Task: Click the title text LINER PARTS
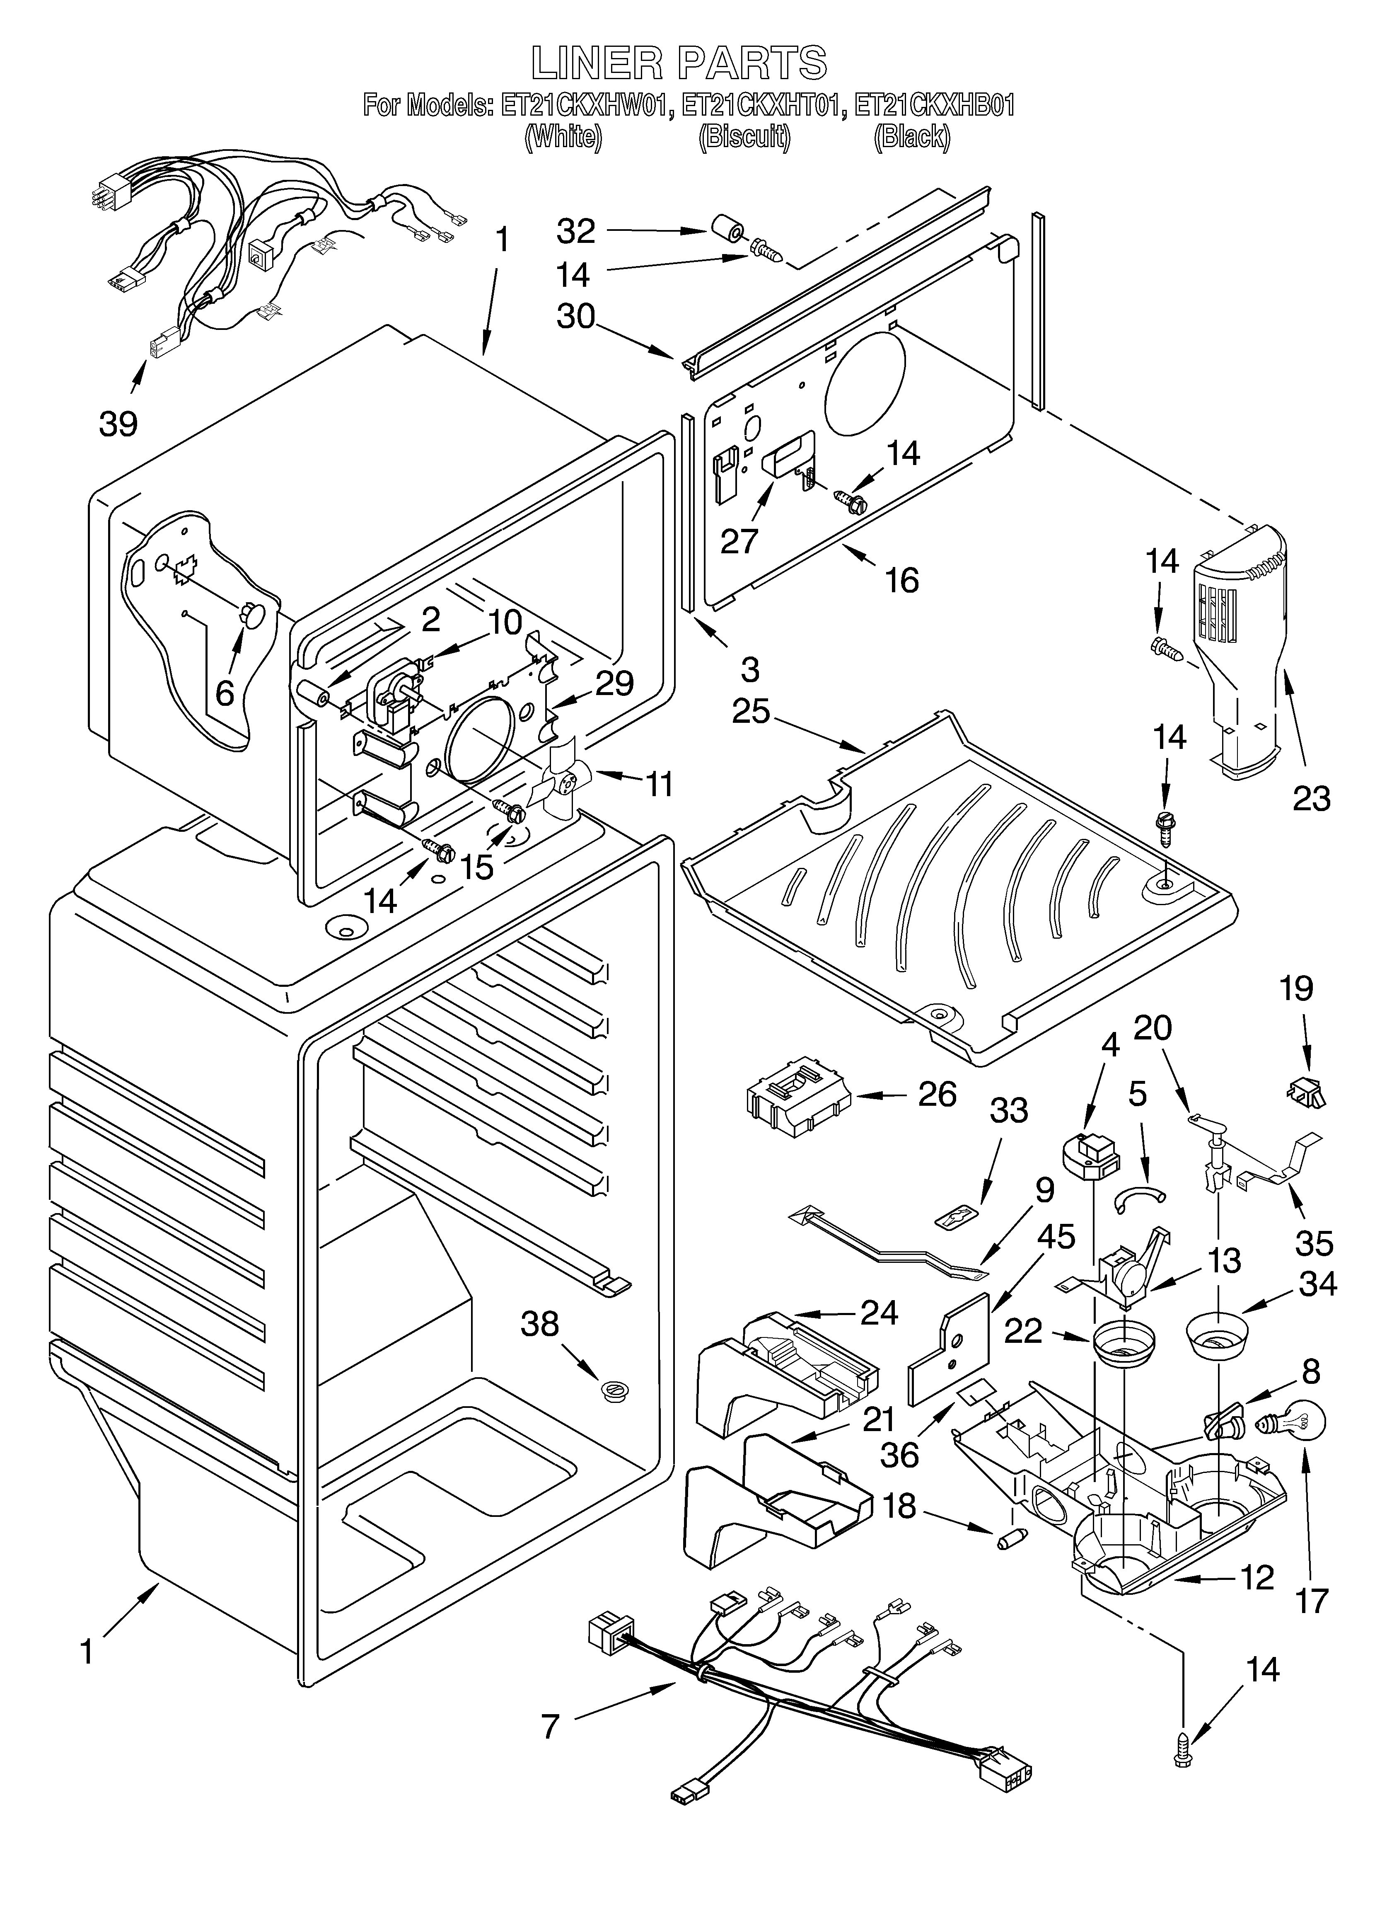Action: pyautogui.click(x=678, y=63)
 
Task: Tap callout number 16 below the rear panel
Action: pyautogui.click(x=902, y=580)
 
